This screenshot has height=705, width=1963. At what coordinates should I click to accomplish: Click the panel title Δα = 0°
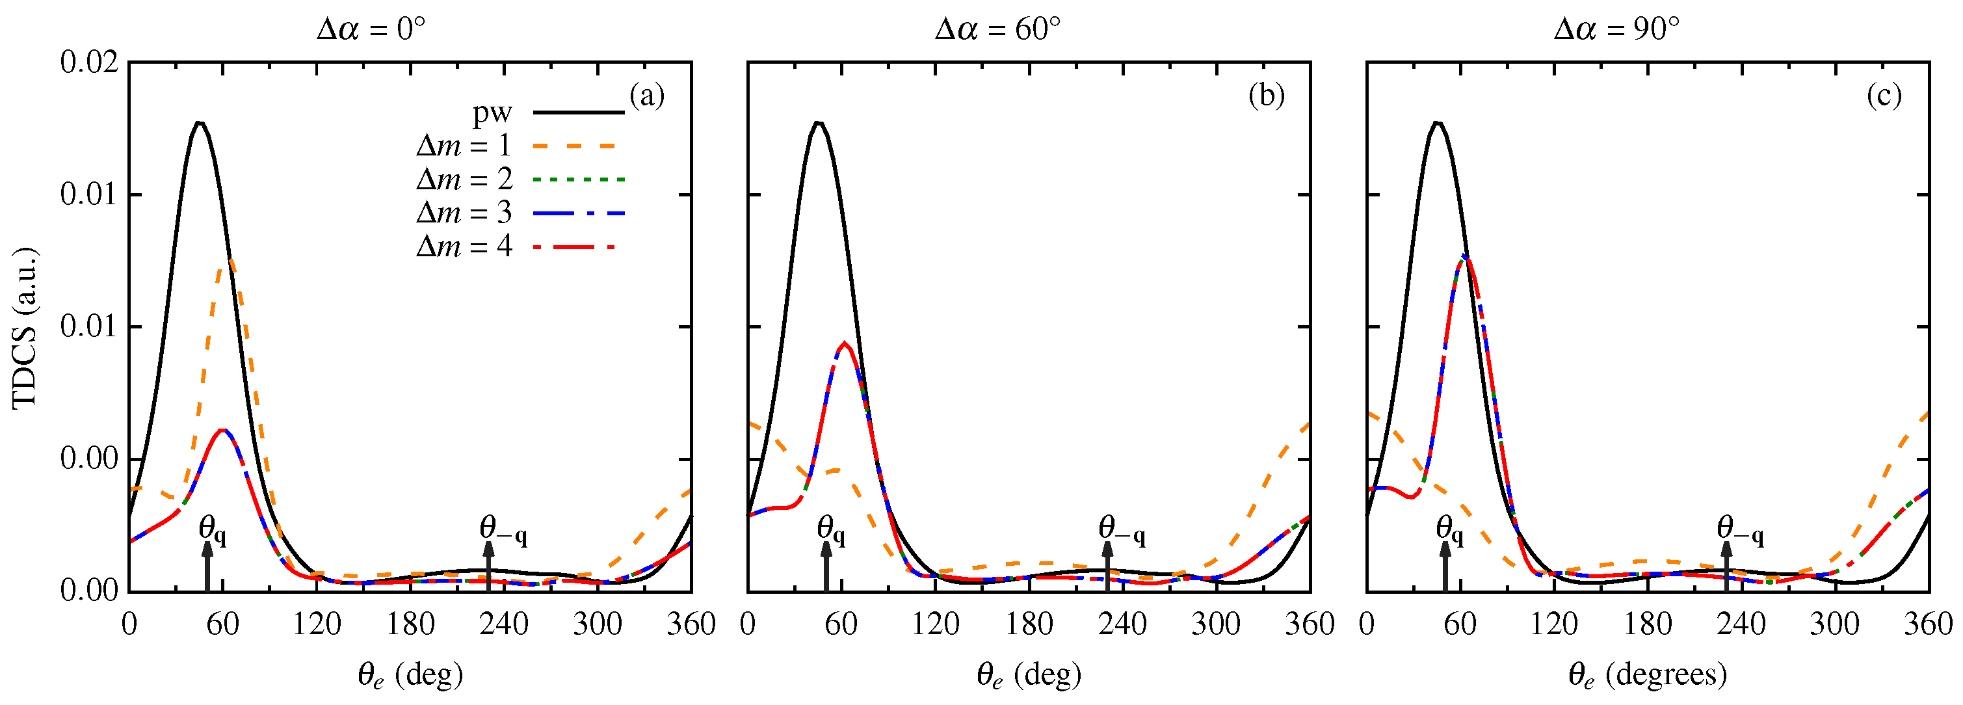tap(371, 29)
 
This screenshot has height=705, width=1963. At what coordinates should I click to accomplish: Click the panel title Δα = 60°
tap(997, 29)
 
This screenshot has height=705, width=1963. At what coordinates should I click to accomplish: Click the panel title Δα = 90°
tap(1616, 29)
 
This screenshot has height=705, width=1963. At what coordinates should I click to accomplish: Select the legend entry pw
tap(492, 113)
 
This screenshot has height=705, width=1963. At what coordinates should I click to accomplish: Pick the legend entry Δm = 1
tap(464, 146)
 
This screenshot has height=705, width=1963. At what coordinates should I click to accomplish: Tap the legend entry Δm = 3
tap(464, 213)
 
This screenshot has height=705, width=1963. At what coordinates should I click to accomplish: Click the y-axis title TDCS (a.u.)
tap(25, 328)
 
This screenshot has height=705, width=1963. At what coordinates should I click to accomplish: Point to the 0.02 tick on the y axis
tap(89, 62)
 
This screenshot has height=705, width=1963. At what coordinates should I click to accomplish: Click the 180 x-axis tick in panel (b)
tap(1029, 624)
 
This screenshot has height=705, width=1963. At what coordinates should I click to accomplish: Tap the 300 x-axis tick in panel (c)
tap(1834, 624)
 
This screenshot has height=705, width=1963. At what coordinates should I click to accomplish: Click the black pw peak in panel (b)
tap(819, 123)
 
